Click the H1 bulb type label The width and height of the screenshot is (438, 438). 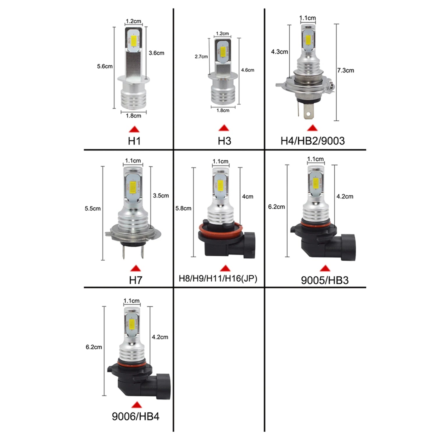coord(134,141)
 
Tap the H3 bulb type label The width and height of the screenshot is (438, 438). coord(224,141)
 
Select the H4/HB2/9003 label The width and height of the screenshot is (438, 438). coord(312,141)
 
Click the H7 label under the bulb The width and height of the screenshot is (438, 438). coord(135,280)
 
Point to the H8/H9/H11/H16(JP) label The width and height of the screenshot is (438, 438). coord(218,279)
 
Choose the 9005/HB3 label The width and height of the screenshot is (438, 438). coord(324,280)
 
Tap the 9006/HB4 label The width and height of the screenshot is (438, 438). coord(136,416)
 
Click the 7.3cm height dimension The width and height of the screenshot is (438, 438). coord(346,70)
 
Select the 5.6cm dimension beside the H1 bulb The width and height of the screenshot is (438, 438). coord(105,66)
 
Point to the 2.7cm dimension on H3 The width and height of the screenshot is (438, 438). coord(201,57)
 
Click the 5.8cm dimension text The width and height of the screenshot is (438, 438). coord(183,209)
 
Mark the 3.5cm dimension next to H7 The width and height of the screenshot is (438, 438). coord(161,196)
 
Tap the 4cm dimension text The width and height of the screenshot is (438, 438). coord(248,197)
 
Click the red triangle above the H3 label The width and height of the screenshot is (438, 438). coord(224,128)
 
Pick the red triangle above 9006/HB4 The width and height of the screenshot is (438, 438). coord(136,405)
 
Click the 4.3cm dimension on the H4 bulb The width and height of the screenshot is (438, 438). coord(279,52)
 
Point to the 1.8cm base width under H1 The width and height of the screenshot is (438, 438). coord(133,116)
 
